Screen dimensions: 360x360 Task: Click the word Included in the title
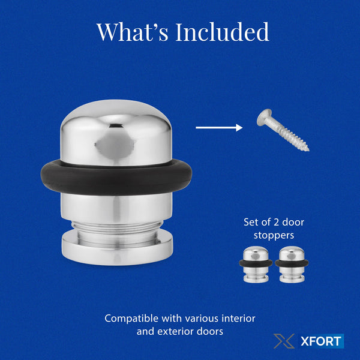point(223,32)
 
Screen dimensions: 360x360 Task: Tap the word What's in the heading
point(133,32)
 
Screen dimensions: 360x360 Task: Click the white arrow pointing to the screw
point(218,127)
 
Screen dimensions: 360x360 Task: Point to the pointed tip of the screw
point(307,148)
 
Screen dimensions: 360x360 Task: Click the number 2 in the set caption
point(277,223)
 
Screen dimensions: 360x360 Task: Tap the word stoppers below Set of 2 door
point(273,235)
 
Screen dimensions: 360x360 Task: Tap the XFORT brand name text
point(320,342)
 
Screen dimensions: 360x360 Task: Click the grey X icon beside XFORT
point(284,341)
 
